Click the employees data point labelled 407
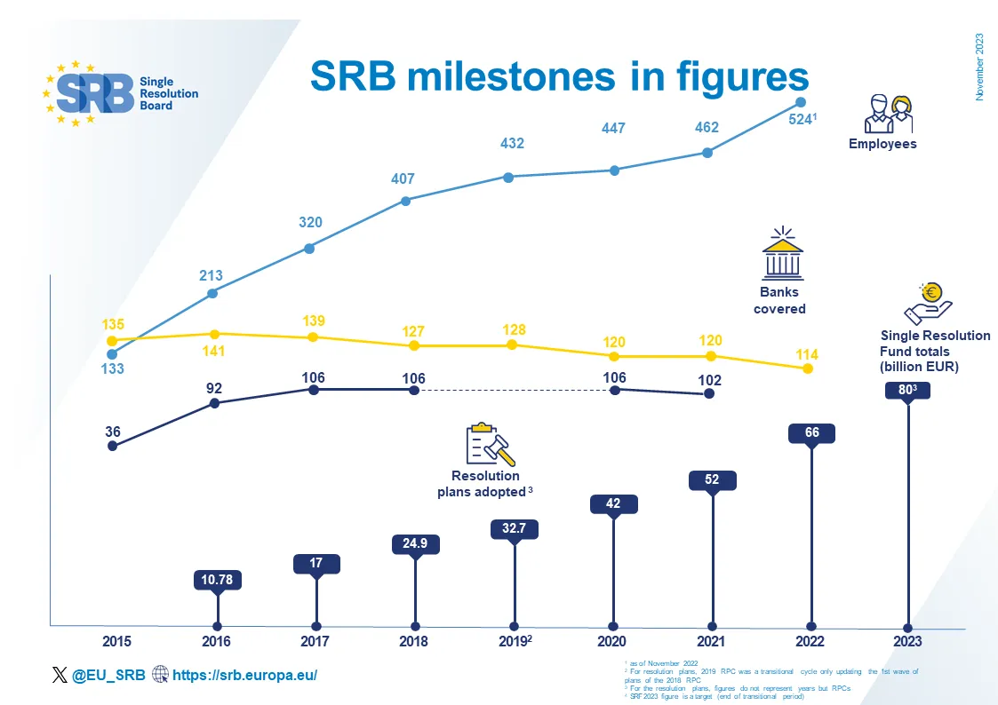[405, 201]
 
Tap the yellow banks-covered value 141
[213, 352]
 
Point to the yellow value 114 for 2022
[807, 355]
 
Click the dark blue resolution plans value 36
[113, 432]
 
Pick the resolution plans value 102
[709, 380]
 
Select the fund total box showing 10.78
[218, 581]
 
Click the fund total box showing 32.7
[515, 529]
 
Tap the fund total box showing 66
[811, 433]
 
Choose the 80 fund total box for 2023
[907, 390]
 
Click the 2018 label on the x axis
[413, 642]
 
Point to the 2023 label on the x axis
[907, 642]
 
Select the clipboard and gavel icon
[491, 445]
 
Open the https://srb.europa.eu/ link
[244, 676]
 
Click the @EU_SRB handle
[108, 676]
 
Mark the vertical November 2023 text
[980, 67]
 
